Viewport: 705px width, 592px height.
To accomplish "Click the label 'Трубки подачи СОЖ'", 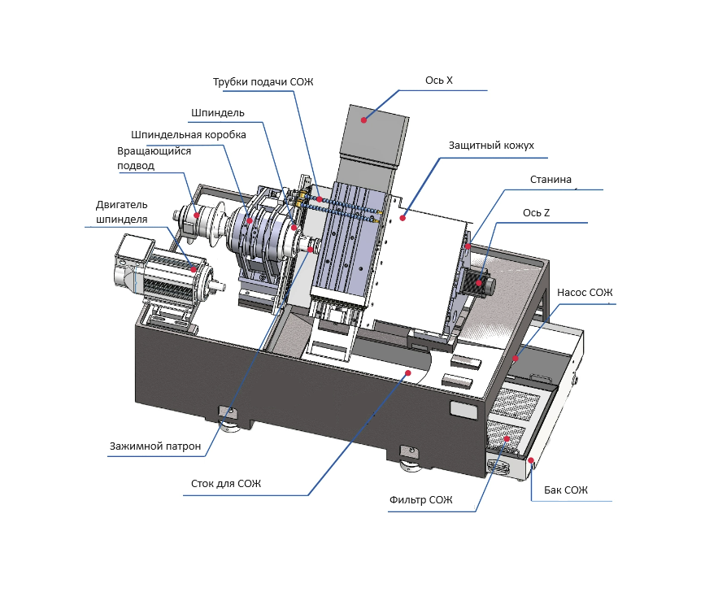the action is (x=263, y=82).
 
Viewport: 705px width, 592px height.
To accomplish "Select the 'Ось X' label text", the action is (x=439, y=80).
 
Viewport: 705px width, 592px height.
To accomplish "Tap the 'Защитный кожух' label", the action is (x=491, y=146).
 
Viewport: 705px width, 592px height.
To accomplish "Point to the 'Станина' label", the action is (x=551, y=180).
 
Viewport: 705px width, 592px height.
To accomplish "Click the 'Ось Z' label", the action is (x=536, y=212).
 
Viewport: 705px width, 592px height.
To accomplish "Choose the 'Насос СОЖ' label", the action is (x=585, y=293).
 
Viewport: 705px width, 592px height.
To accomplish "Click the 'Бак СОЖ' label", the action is (x=566, y=490).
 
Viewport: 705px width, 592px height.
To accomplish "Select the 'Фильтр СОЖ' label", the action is (x=421, y=500).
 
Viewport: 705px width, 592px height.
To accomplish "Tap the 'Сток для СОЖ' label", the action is (x=226, y=484).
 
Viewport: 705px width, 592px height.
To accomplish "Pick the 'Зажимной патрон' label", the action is (x=155, y=446).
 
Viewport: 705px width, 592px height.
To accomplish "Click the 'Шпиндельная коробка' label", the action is (x=189, y=135).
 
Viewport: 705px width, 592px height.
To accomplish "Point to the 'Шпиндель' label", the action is (x=218, y=113).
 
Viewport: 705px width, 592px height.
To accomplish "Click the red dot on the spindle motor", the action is (x=194, y=269).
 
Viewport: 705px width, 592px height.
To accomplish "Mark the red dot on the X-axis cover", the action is (x=363, y=120).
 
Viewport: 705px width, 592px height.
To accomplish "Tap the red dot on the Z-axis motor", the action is (x=479, y=283).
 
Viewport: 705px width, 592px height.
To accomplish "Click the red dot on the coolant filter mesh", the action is (x=507, y=438).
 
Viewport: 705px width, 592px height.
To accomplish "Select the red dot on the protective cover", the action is (x=403, y=218).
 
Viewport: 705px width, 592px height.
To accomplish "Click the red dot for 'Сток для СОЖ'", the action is (x=408, y=372).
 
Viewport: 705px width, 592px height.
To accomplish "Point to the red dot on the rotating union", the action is (x=197, y=215).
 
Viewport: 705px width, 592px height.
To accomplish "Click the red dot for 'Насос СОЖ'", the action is (x=516, y=359).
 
